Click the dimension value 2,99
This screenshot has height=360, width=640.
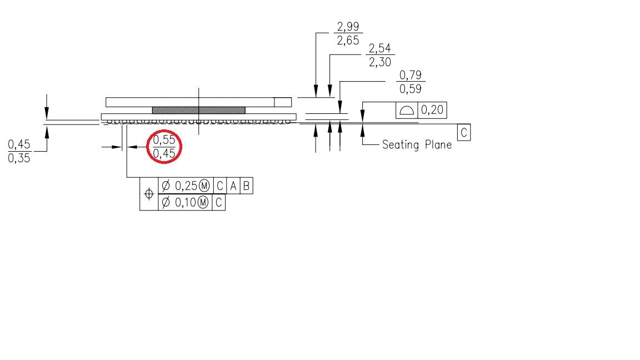[x=348, y=26]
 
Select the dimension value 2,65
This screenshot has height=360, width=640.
[x=348, y=40]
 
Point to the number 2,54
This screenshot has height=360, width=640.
[x=380, y=49]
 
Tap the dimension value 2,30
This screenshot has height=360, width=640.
[x=380, y=62]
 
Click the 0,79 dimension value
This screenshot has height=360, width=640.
[x=411, y=75]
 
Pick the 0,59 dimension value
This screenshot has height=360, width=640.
[x=411, y=88]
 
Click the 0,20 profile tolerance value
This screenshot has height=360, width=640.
[x=432, y=110]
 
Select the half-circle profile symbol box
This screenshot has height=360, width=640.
[x=407, y=110]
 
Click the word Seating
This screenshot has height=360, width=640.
[x=401, y=145]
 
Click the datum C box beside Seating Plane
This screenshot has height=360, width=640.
[x=463, y=133]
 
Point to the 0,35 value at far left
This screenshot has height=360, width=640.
[x=19, y=158]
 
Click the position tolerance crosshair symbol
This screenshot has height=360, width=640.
[x=149, y=194]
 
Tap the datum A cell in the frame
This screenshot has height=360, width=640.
[x=233, y=186]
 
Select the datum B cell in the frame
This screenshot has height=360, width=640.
[x=246, y=186]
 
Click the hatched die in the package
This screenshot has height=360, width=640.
[x=198, y=110]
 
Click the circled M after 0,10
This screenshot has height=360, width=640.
[x=203, y=203]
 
